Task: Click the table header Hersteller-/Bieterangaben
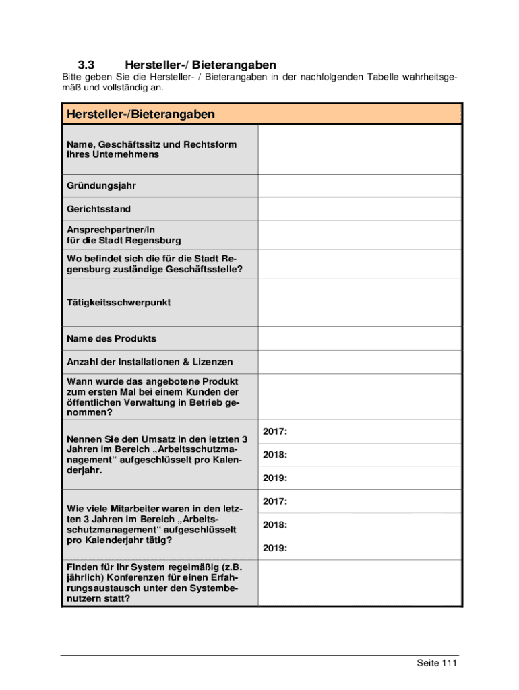(x=141, y=115)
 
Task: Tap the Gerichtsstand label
(x=99, y=209)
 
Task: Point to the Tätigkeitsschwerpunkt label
(x=119, y=303)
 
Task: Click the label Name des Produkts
(x=111, y=338)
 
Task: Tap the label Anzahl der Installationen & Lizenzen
(x=150, y=362)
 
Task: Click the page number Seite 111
(x=437, y=664)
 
